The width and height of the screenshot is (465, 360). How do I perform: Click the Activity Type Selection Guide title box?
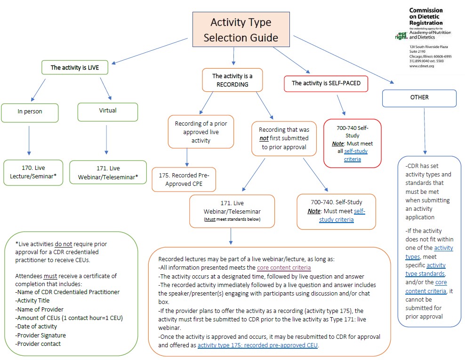[241, 30]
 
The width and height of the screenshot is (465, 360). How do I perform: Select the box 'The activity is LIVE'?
[75, 67]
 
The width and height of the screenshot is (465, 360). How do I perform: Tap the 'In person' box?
[30, 112]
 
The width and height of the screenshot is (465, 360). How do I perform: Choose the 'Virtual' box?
[108, 111]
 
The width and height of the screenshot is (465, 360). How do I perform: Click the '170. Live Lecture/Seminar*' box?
[33, 172]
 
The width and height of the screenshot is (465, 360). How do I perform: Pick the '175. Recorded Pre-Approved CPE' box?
[184, 179]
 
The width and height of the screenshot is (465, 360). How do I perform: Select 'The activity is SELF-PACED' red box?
[326, 83]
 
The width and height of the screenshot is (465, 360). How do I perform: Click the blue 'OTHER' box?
[419, 98]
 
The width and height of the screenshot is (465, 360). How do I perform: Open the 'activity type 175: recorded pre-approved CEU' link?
[258, 345]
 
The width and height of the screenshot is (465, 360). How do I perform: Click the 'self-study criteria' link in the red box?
[355, 155]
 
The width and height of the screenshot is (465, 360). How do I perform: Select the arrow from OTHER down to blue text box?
[425, 131]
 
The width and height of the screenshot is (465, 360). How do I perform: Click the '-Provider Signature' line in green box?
[40, 335]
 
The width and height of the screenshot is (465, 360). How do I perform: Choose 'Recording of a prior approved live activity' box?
[200, 132]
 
